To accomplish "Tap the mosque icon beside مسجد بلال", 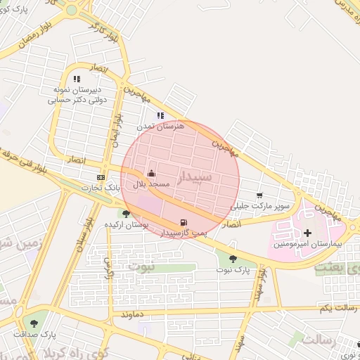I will click(151, 173).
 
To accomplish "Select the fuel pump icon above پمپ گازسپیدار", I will click(184, 222).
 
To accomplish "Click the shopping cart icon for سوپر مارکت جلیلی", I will click(259, 195).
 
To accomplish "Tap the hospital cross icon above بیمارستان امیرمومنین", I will click(307, 233).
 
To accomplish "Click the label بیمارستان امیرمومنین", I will click(309, 243).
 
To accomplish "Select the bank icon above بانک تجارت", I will click(101, 177).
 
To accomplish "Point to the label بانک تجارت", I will click(99, 188).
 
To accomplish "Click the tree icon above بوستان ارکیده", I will click(126, 214).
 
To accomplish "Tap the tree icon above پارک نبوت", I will click(233, 259).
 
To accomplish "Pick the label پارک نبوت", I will click(233, 269).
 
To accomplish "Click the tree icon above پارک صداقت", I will click(34, 323).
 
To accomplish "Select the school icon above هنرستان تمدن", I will click(160, 115).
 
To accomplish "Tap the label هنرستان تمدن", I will click(162, 125).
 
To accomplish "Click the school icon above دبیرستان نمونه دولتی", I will click(77, 79).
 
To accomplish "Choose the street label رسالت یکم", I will click(337, 308).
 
